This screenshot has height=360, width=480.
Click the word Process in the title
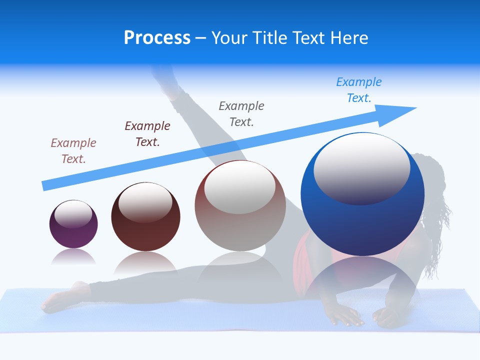tap(157, 37)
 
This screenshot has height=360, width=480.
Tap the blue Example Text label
tap(358, 90)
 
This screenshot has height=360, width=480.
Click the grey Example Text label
tap(241, 113)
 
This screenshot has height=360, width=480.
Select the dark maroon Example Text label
tap(147, 133)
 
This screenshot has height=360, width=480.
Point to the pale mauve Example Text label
tap(73, 150)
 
